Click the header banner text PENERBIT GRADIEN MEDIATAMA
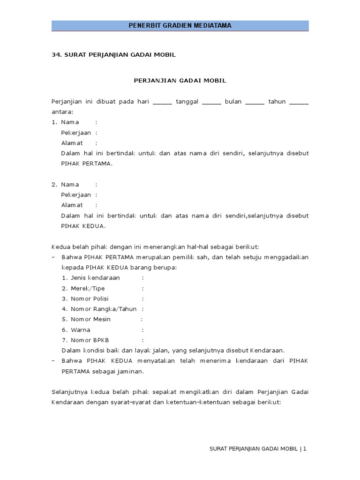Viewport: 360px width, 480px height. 180,25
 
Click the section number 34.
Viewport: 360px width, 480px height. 56,55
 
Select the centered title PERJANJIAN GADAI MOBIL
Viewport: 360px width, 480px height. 180,81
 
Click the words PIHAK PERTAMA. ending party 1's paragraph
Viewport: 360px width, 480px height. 87,164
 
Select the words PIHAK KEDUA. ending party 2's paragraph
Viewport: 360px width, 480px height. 83,226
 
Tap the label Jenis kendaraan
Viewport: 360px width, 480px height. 95,278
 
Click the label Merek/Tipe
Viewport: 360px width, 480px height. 88,288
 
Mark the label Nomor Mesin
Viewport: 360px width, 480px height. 90,319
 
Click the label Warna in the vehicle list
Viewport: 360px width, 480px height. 80,330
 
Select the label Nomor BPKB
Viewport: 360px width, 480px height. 90,340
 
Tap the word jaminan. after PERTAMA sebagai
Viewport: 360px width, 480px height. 130,371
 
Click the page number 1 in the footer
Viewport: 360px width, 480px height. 304,449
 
